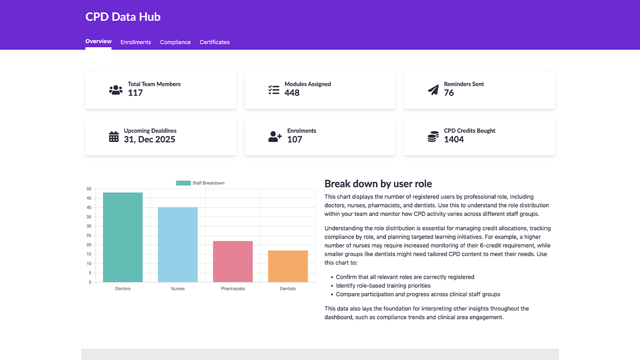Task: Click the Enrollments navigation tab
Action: (135, 42)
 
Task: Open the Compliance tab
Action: (175, 42)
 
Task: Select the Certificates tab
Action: (214, 42)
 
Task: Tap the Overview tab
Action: (98, 41)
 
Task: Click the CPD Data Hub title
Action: (123, 16)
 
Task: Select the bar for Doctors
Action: (122, 237)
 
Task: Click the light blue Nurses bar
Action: (177, 245)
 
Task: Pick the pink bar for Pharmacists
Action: (232, 261)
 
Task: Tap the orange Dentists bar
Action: (287, 266)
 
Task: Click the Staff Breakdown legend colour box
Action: (183, 183)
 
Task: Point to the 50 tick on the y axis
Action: (89, 189)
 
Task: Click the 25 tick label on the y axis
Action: (89, 235)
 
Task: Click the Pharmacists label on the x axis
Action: (232, 288)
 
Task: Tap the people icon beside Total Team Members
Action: (115, 90)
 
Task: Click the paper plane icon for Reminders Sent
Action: (433, 90)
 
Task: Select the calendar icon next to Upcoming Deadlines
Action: (114, 136)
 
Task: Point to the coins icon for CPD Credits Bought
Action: (433, 136)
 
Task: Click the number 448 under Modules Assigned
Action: (292, 93)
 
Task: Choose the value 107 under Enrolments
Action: (294, 139)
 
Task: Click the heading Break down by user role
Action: (378, 183)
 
